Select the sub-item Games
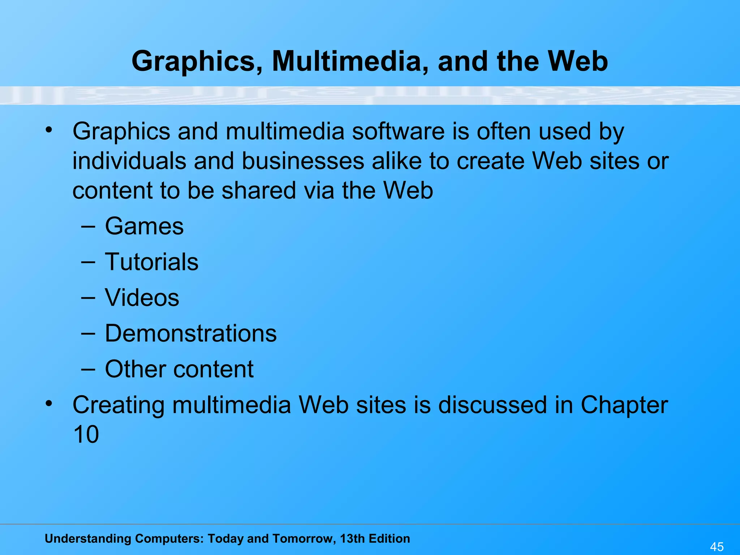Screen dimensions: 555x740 point(144,227)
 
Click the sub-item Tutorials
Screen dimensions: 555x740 point(151,262)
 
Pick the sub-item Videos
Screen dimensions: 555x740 point(142,298)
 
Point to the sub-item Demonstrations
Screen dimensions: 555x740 point(191,333)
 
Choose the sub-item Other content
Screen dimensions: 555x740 point(179,369)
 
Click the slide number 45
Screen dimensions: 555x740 point(717,546)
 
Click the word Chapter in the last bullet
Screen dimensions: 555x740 point(624,405)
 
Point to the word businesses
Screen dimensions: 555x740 point(303,161)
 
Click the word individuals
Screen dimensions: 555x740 point(129,161)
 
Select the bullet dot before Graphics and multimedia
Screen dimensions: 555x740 point(49,129)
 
